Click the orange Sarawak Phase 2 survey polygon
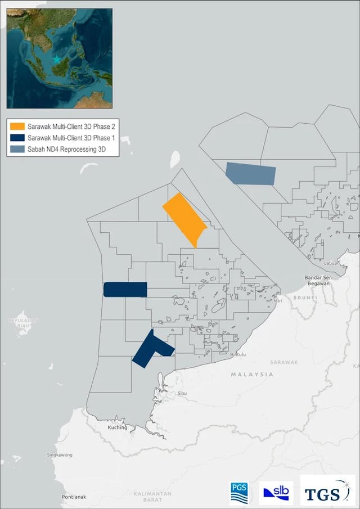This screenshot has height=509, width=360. pyautogui.click(x=184, y=219)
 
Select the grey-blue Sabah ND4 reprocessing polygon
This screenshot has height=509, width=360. pyautogui.click(x=251, y=173)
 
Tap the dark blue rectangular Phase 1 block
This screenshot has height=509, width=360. pyautogui.click(x=125, y=289)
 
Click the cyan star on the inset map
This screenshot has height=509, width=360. pyautogui.click(x=56, y=59)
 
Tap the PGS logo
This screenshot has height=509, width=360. pyautogui.click(x=241, y=493)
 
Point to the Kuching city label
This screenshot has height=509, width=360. pyautogui.click(x=118, y=427)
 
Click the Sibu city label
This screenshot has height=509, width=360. pyautogui.click(x=181, y=394)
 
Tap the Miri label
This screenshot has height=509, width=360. pyautogui.click(x=278, y=300)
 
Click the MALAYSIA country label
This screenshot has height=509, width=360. pyautogui.click(x=251, y=374)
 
